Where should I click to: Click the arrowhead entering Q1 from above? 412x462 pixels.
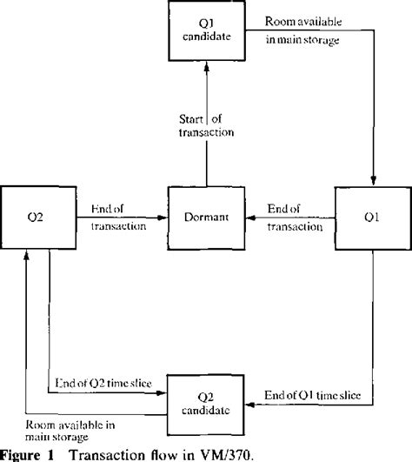click(373, 177)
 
